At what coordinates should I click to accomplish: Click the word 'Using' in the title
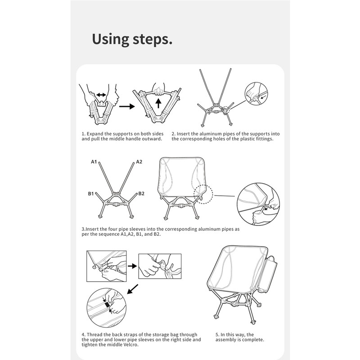pos(110,39)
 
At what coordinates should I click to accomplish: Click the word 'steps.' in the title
pos(153,40)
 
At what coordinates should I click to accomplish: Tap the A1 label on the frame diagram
pos(94,162)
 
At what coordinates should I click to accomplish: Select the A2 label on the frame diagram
pos(139,162)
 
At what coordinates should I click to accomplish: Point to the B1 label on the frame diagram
pos(91,194)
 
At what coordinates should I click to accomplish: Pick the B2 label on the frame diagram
pos(141,194)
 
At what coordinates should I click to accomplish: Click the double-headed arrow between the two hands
pos(101,95)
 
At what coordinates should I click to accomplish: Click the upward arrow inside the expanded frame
pos(158,103)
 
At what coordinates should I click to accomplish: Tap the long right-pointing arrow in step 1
pos(127,106)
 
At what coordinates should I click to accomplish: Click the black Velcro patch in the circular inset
pos(107,305)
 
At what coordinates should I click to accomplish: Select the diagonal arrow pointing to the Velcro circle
pos(133,289)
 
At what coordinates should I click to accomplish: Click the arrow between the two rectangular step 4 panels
pos(132,266)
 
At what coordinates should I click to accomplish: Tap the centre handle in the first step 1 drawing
pos(101,104)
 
